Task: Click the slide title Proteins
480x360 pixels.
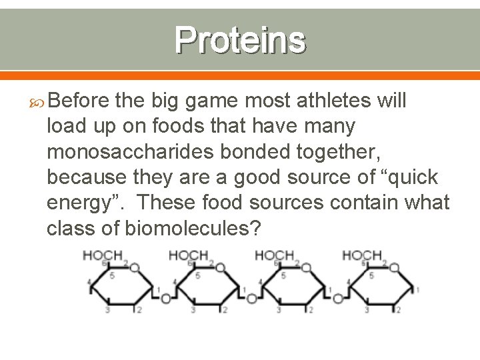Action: click(x=241, y=40)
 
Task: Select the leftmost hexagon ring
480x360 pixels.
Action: click(x=121, y=287)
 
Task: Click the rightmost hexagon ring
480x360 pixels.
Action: click(x=381, y=287)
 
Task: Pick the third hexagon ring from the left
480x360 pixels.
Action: click(x=294, y=287)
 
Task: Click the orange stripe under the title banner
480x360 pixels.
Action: click(x=240, y=75)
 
